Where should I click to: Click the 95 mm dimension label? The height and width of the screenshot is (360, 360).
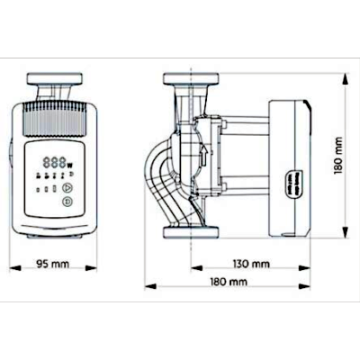coord(52,264)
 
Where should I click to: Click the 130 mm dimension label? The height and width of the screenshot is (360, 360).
coord(251,264)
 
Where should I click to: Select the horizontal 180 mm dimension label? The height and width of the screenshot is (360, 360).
coord(229,282)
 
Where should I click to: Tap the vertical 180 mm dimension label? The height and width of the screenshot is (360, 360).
coord(338,156)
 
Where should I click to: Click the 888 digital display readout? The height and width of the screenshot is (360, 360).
coord(54,163)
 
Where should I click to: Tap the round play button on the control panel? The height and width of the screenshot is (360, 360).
coord(67,188)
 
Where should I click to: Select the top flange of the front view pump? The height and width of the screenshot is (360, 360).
coord(54,78)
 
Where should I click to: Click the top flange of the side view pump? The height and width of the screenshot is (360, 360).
coord(191,78)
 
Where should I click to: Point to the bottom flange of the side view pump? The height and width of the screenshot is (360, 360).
coord(191,232)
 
